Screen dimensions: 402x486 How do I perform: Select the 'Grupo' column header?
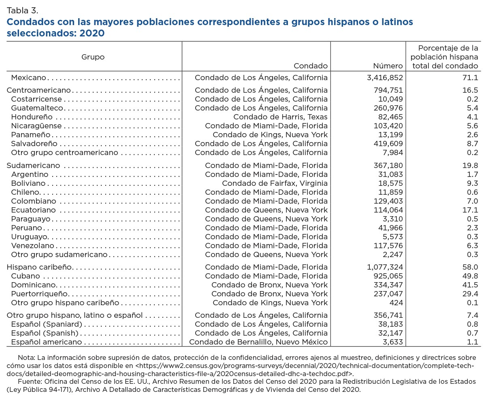[93, 57]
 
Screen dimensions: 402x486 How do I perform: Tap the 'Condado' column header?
[310, 66]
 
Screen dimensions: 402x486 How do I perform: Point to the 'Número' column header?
[388, 66]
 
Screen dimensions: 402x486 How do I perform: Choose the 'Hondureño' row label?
[32, 117]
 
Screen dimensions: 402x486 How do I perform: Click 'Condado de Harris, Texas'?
[280, 117]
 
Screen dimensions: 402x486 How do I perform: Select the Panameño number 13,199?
[389, 135]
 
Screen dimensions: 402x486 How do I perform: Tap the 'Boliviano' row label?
[28, 183]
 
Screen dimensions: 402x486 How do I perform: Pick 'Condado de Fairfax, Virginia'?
[275, 183]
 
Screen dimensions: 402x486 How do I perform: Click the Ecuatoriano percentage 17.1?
[472, 210]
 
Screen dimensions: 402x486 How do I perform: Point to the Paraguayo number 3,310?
[392, 219]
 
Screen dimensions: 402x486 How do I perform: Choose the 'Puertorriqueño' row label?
[39, 294]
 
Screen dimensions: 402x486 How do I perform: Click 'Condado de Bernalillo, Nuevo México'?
[258, 342]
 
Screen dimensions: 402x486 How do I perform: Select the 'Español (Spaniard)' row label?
[47, 324]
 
